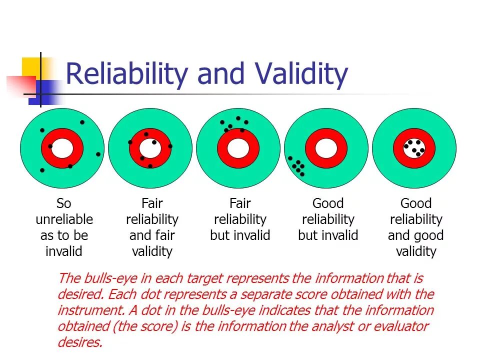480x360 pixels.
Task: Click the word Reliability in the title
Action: point(127,74)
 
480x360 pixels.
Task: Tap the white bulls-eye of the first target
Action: point(62,148)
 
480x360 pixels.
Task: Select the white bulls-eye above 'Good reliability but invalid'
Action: point(326,148)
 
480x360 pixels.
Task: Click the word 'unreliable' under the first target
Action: point(64,219)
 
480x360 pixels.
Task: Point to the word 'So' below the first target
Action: point(64,203)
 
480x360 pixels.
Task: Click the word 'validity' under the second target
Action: point(152,251)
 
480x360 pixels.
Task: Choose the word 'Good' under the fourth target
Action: point(328,203)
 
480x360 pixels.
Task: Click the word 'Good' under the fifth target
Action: point(416,203)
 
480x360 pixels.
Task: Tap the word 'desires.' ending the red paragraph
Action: point(80,342)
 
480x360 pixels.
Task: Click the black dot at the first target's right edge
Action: point(98,154)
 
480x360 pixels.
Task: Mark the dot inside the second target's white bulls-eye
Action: point(154,142)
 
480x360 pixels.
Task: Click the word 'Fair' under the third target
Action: point(240,203)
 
